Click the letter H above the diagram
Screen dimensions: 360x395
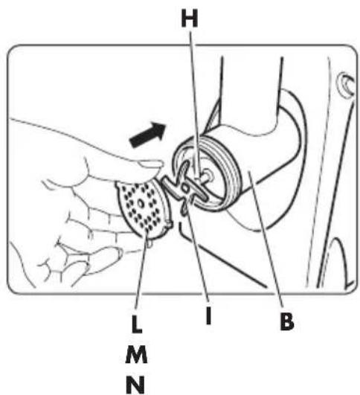click(x=190, y=19)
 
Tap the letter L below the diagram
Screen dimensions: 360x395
click(x=137, y=324)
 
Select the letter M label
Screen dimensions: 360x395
click(x=136, y=354)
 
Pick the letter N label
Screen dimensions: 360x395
click(x=135, y=385)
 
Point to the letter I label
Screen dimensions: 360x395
click(x=208, y=316)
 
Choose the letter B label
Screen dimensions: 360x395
click(x=287, y=321)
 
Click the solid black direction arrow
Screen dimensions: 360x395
click(x=148, y=134)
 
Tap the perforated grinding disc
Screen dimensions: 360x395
click(x=144, y=210)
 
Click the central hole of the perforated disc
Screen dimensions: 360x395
click(x=141, y=204)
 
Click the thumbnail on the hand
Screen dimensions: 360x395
click(x=151, y=164)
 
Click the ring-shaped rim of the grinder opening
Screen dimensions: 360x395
click(x=205, y=174)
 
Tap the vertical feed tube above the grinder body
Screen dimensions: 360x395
click(x=251, y=91)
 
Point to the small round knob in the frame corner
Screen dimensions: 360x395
click(x=347, y=83)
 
